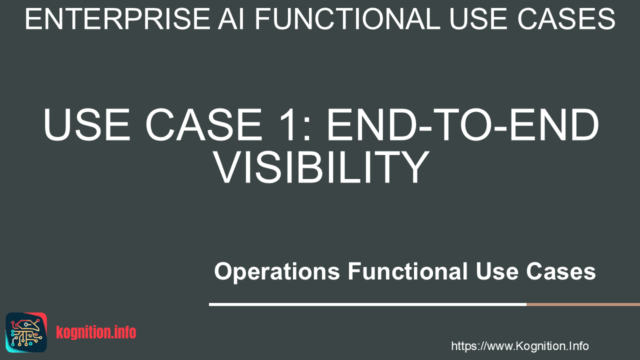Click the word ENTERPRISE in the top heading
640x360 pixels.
(x=117, y=19)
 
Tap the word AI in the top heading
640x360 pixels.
(x=231, y=19)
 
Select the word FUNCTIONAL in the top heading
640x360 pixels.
(x=347, y=19)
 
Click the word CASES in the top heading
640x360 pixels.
(x=566, y=19)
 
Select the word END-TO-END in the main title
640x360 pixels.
(x=462, y=124)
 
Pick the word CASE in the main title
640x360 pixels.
(x=204, y=124)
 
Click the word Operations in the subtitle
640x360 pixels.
(x=277, y=272)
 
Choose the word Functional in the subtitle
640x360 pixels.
(x=407, y=271)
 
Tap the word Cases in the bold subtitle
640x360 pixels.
(x=561, y=271)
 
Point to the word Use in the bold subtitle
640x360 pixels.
(x=497, y=271)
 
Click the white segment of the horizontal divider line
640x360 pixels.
(x=367, y=304)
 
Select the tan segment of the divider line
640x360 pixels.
(x=583, y=304)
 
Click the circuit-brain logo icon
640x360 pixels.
(x=26, y=332)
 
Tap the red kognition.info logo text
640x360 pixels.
(x=96, y=332)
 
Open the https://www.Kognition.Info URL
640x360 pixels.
(x=520, y=346)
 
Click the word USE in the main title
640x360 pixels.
(x=87, y=124)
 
